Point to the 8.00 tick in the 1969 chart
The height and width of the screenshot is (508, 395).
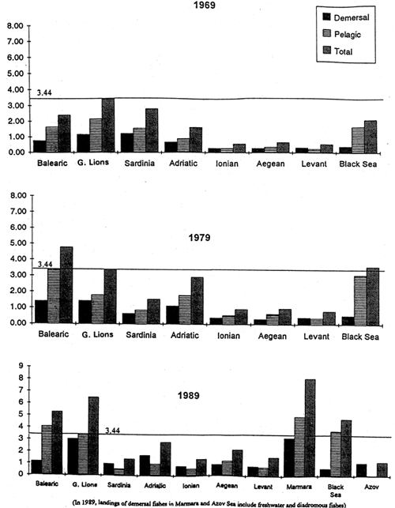[x=15, y=26]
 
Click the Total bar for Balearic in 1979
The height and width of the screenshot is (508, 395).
[x=66, y=284]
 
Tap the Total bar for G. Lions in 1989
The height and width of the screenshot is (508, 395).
[x=116, y=435]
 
